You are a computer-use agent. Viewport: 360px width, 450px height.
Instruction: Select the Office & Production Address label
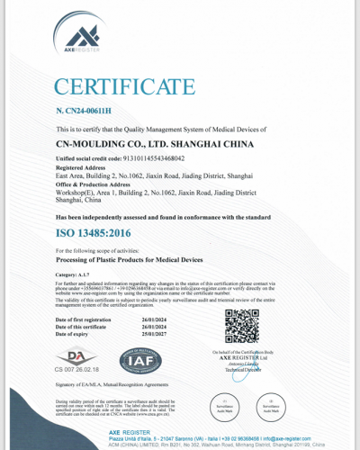[94, 184]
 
